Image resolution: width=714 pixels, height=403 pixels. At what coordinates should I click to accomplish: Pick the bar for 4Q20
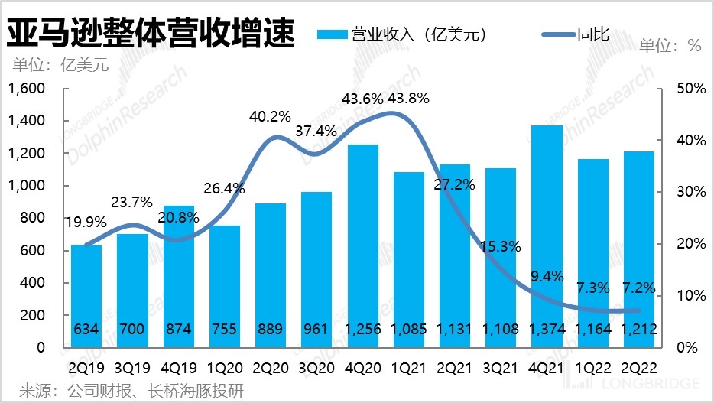363,245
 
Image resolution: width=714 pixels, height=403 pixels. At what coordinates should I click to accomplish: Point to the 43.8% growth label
408,98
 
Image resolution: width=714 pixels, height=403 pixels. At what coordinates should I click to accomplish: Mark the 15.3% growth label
501,246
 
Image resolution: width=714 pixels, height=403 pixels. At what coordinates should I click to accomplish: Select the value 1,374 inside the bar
546,330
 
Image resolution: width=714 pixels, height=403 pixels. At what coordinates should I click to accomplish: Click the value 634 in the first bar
86,330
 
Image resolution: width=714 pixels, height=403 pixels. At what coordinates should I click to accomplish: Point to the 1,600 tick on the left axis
27,89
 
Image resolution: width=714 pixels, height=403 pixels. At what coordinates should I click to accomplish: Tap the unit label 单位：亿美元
59,65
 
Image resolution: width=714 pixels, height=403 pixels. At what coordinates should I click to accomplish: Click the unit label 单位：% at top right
670,46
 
